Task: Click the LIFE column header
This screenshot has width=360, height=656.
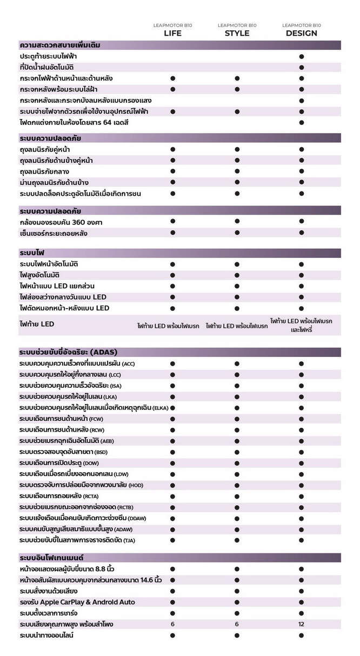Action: [x=172, y=33]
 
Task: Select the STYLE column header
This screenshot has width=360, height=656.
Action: [x=237, y=33]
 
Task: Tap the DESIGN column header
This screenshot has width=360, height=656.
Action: [x=301, y=33]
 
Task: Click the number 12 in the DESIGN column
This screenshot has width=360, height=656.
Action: [x=301, y=624]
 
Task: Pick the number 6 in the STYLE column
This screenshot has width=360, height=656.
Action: [x=237, y=624]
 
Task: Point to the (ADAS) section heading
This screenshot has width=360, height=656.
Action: [x=68, y=352]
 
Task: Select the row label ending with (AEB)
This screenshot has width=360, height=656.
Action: [x=66, y=441]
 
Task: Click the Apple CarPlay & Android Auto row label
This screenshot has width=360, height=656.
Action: [x=77, y=602]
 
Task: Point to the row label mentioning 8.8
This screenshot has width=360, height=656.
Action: [x=66, y=569]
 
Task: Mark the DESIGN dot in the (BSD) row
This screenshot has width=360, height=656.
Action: [x=301, y=452]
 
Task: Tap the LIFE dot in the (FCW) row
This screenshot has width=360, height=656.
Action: [x=172, y=419]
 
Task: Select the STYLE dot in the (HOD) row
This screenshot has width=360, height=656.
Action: [x=237, y=485]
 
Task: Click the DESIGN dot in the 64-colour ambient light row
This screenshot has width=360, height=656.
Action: [x=301, y=123]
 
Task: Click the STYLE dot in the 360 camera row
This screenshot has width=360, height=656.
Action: [x=237, y=221]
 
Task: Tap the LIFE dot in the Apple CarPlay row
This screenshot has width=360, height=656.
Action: [x=172, y=602]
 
